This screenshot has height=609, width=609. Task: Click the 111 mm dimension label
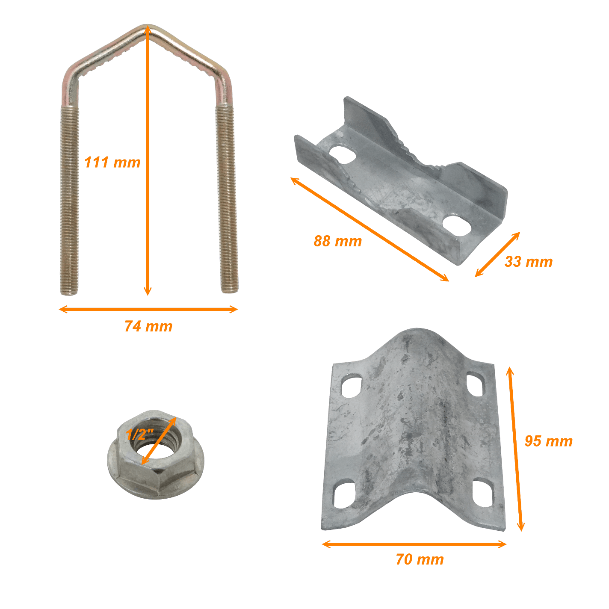click(x=112, y=162)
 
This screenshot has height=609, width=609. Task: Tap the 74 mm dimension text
click(x=148, y=326)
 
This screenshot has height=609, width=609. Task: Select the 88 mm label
click(x=337, y=241)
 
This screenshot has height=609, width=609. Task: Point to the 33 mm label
click(x=529, y=261)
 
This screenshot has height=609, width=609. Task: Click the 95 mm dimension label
click(x=549, y=441)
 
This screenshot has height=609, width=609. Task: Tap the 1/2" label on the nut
click(x=140, y=434)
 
